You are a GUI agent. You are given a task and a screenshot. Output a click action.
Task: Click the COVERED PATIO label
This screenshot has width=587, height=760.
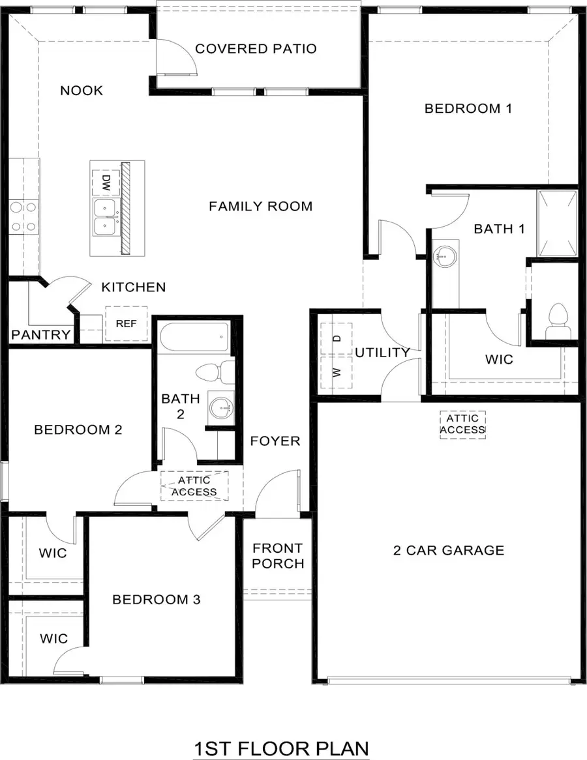tap(256, 49)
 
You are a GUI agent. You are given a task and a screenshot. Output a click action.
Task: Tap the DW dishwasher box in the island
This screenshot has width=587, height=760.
tap(104, 182)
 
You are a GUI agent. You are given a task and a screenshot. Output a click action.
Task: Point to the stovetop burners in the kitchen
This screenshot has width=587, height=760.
tap(23, 217)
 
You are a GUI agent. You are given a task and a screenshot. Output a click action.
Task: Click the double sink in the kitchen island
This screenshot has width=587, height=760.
tap(105, 217)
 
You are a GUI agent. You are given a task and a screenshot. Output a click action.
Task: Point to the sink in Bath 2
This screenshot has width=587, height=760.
tap(220, 407)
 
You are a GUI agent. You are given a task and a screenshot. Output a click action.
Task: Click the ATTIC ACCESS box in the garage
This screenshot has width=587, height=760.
tap(462, 424)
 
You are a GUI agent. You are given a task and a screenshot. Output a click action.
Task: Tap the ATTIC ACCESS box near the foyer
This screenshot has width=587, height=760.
tap(194, 486)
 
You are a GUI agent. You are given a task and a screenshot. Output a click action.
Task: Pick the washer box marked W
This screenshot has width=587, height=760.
tap(337, 372)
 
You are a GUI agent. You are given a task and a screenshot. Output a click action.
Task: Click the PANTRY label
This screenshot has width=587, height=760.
tap(40, 335)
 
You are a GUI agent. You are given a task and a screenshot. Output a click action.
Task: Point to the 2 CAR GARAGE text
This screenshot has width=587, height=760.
tap(449, 550)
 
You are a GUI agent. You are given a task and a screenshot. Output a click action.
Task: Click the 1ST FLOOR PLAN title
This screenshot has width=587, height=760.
tap(281, 748)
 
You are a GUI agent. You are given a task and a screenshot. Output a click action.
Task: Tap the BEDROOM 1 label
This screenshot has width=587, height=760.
tap(468, 108)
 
